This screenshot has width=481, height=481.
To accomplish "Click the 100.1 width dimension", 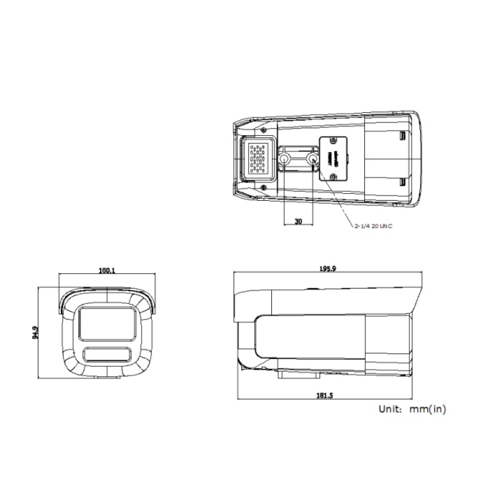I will point(106,271).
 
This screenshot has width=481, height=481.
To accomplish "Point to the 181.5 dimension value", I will point(325,395).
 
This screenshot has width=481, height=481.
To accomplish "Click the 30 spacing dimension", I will point(298,221).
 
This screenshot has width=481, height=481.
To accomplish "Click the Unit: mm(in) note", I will point(412,408).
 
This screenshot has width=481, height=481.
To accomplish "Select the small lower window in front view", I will point(106,354).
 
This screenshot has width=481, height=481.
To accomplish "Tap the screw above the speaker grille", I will point(264,130).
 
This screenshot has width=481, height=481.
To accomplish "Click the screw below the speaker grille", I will point(264,187).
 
